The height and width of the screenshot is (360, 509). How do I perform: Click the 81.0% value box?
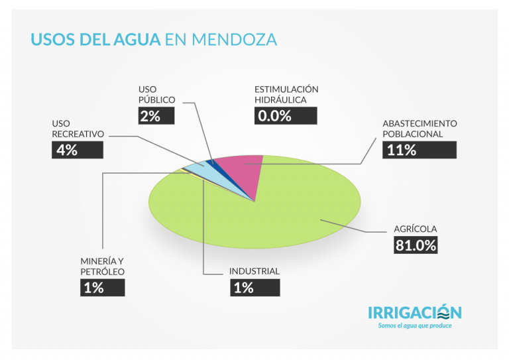416,245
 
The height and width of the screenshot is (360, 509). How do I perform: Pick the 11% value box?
420,150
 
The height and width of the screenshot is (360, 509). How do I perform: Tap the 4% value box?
78,150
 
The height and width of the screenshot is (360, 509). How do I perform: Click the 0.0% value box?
286,115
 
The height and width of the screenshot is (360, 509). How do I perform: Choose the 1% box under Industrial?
254,287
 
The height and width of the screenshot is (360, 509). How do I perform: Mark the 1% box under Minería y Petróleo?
102,287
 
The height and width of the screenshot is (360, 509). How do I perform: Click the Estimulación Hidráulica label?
286,94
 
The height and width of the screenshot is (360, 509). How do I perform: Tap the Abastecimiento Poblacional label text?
420,129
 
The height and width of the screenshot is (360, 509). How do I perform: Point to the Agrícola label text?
416,229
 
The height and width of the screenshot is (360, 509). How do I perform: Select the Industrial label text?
254,271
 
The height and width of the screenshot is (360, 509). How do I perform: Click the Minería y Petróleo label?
102,266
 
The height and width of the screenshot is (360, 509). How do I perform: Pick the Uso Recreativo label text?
78,129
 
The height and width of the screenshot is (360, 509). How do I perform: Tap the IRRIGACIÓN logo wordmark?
415,312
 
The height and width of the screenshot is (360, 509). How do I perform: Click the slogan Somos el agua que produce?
415,326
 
